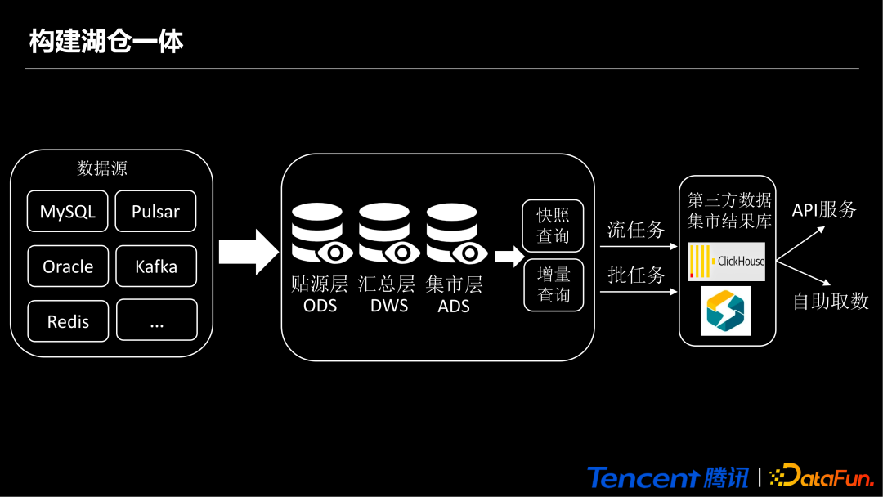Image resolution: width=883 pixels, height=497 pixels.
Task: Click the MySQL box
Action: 68,212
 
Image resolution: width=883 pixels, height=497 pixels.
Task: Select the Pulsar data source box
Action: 155,212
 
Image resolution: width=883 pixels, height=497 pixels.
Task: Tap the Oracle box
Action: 68,266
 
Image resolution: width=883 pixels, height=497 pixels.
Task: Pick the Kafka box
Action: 155,266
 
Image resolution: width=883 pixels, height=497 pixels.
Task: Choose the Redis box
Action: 68,321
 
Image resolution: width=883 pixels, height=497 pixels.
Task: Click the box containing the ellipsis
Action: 156,320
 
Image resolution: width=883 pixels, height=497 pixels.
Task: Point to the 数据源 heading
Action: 102,169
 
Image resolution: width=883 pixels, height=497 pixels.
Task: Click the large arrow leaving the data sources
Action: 249,252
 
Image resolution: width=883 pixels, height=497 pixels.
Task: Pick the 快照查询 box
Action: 553,226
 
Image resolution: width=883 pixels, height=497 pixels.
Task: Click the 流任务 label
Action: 636,230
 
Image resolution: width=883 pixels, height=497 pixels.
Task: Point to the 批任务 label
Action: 636,275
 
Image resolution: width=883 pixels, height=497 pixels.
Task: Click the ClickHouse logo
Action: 727,262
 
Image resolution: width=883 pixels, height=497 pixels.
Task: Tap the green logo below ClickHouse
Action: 725,311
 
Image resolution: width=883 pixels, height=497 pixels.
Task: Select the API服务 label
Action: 824,210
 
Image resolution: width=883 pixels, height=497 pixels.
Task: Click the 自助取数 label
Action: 831,301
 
